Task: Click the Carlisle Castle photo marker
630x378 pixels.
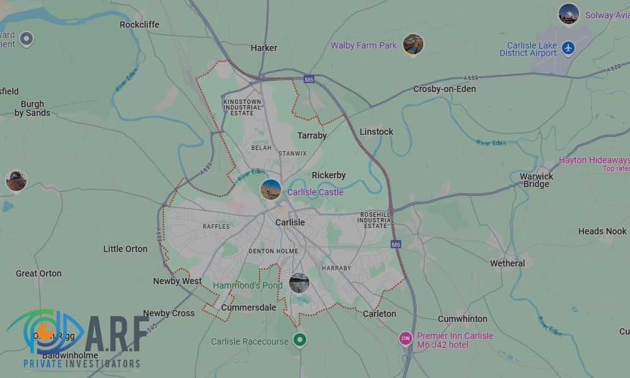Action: (x=271, y=189)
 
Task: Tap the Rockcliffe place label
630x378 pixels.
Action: (x=139, y=25)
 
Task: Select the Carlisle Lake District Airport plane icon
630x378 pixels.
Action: (x=568, y=48)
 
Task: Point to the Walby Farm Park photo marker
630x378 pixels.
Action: (x=413, y=44)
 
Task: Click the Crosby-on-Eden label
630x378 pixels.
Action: (x=444, y=89)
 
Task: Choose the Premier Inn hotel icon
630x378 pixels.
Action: (x=406, y=339)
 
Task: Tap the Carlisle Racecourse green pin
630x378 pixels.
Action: (x=301, y=340)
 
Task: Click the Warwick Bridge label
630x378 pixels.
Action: (x=536, y=180)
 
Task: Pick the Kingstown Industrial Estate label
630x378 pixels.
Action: (x=242, y=107)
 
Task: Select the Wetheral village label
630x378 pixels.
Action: (x=507, y=263)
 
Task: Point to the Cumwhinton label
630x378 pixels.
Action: (x=462, y=319)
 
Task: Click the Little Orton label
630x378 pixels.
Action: (x=125, y=249)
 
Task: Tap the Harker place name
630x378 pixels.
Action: (x=264, y=48)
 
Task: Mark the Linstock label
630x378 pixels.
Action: (x=376, y=132)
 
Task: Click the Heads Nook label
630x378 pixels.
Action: (x=602, y=231)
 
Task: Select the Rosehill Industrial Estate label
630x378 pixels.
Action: (x=375, y=220)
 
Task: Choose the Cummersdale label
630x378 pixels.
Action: (x=248, y=307)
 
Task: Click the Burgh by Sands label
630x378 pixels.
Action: (x=32, y=108)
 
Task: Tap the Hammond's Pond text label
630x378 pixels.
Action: (x=248, y=285)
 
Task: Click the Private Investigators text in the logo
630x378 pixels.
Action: (x=82, y=364)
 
